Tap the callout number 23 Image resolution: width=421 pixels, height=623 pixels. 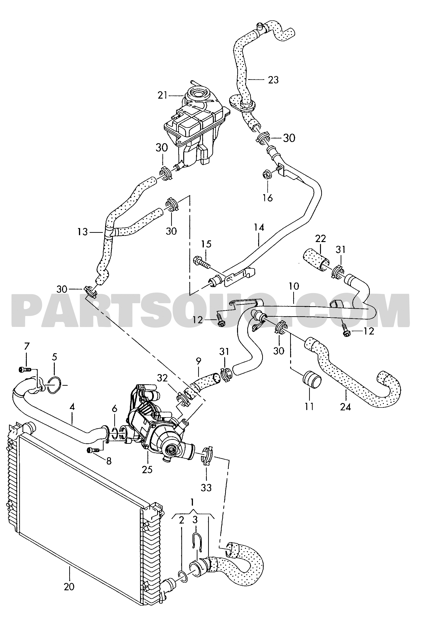click(273, 80)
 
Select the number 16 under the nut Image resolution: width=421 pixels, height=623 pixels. click(268, 198)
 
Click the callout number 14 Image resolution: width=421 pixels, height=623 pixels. click(259, 227)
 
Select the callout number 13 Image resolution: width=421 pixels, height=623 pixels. click(82, 232)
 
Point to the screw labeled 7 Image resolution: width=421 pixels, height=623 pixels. click(25, 370)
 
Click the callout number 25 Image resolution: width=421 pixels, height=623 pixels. click(147, 470)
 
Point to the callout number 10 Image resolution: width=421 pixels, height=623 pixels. click(294, 286)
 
